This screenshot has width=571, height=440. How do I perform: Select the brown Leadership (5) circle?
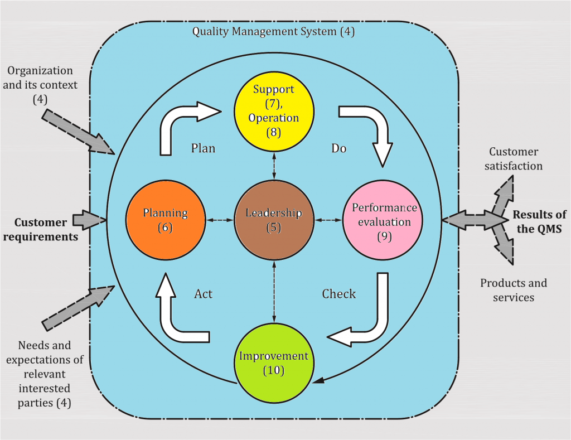[x=273, y=220]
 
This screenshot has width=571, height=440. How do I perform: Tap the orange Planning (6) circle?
[x=165, y=220]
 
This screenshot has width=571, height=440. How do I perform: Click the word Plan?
[x=203, y=149]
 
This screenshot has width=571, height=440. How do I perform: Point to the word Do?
[x=339, y=149]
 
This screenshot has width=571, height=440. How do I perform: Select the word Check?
[x=338, y=293]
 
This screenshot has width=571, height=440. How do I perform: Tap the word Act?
[x=203, y=293]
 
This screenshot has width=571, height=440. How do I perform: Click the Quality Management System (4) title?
[x=273, y=31]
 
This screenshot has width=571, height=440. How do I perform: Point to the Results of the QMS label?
[x=539, y=221]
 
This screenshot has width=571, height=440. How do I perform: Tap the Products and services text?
[x=514, y=290]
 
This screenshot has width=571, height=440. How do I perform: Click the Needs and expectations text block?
[x=44, y=373]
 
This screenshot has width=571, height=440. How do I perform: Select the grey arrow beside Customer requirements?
[x=89, y=220]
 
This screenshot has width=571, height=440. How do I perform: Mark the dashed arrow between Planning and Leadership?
[x=219, y=221]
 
